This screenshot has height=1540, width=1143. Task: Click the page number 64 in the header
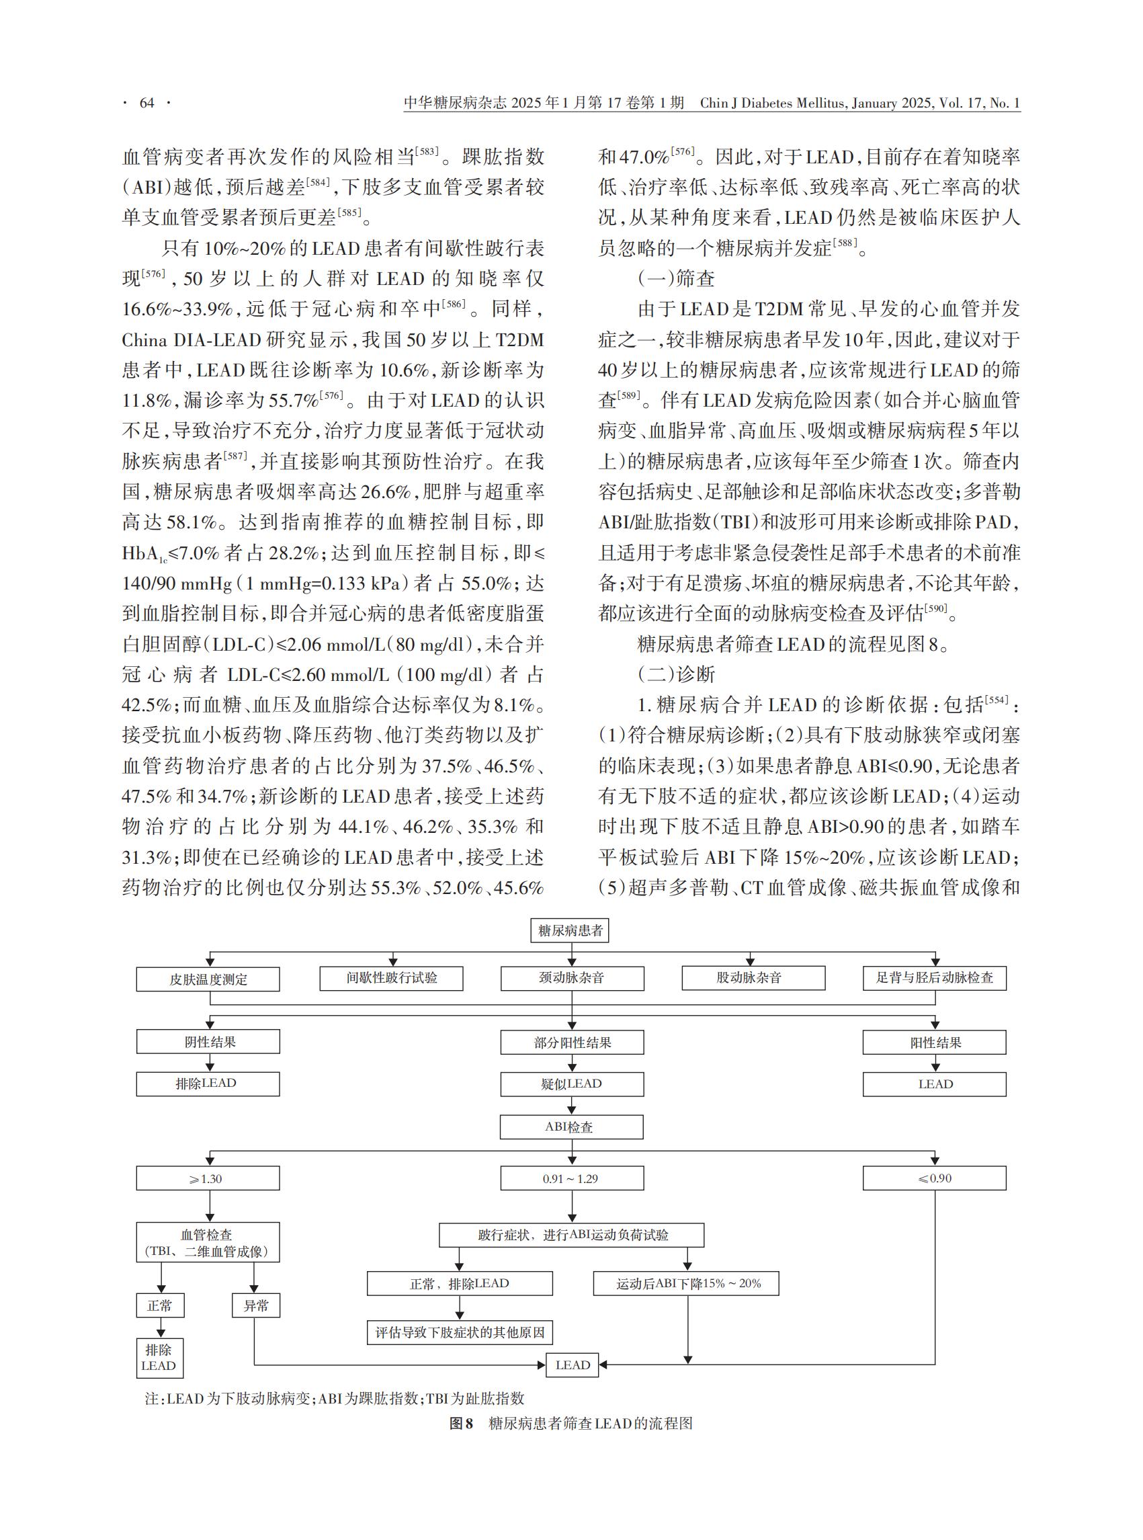tap(146, 103)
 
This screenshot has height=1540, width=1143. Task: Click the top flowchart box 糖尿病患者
tap(570, 930)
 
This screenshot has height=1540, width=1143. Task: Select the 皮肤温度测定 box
tap(208, 979)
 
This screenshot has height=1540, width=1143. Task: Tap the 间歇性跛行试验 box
tap(392, 978)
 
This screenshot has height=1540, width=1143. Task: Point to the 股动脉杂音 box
tap(753, 978)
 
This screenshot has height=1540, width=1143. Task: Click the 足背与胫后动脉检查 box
tap(935, 978)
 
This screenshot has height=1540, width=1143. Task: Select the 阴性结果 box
tap(208, 1042)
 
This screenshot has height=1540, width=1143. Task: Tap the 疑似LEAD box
tap(571, 1084)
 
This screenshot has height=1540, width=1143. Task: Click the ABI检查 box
tap(571, 1127)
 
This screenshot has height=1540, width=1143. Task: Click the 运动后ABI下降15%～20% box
tap(686, 1283)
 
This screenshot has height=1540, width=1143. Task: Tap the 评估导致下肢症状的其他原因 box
tap(460, 1332)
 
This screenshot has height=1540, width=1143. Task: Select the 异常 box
tap(256, 1305)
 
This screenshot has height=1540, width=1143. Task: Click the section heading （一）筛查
tap(676, 279)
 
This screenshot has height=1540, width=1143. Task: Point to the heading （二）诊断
tap(676, 675)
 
